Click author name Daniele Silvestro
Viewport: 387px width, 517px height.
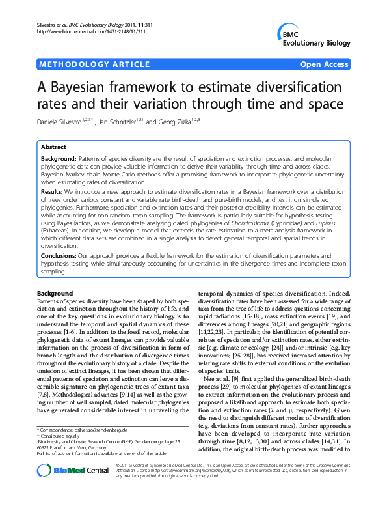[x=65, y=122]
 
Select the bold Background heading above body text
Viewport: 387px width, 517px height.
[x=55, y=294]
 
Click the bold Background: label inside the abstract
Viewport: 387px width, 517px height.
[x=59, y=158]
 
